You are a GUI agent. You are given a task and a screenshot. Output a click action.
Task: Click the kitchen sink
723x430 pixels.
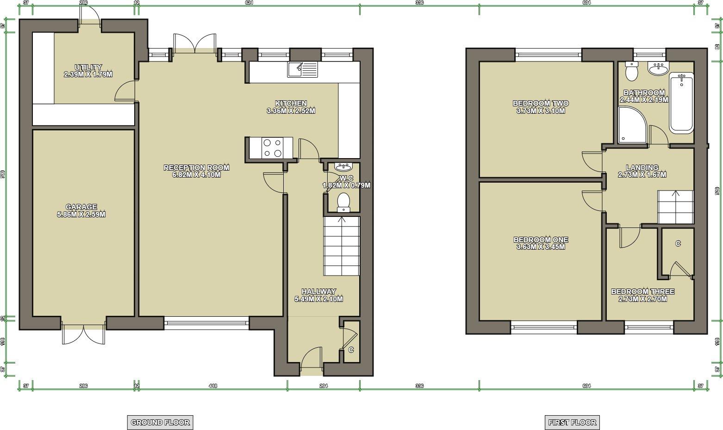pyautogui.click(x=302, y=69)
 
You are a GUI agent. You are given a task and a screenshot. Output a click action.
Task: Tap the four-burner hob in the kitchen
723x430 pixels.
pyautogui.click(x=273, y=148)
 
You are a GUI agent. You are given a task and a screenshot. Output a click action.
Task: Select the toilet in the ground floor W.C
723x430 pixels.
pyautogui.click(x=343, y=202)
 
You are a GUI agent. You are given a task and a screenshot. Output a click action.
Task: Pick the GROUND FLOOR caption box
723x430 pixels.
pyautogui.click(x=160, y=422)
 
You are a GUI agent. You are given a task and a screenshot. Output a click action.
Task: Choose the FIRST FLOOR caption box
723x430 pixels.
pyautogui.click(x=572, y=422)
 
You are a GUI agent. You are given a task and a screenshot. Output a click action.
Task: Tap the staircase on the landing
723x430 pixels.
pyautogui.click(x=675, y=207)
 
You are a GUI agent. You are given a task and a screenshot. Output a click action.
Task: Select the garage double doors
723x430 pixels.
pyautogui.click(x=84, y=334)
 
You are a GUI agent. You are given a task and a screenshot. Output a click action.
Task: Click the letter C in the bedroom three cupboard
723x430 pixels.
pyautogui.click(x=678, y=244)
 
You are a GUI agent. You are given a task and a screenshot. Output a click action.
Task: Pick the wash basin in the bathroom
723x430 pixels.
pyautogui.click(x=658, y=69)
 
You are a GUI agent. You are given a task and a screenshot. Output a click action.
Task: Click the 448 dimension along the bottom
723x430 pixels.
pyautogui.click(x=213, y=386)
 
